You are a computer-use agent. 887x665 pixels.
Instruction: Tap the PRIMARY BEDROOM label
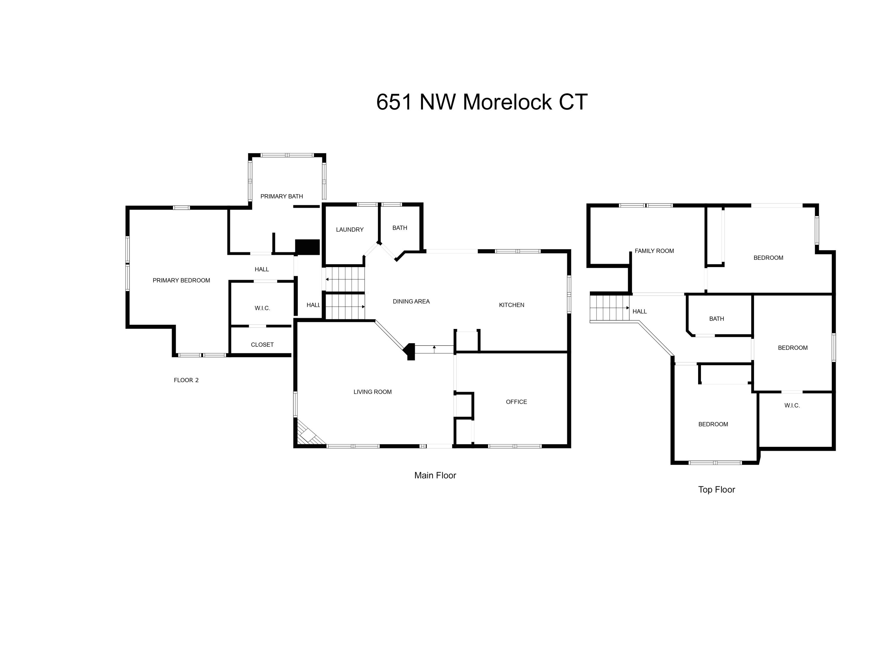[181, 280]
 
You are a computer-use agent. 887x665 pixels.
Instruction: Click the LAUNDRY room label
[350, 230]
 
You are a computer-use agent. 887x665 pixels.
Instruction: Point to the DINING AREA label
[411, 301]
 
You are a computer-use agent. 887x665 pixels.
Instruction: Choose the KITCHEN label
[511, 305]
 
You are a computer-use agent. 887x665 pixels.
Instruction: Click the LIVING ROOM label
[373, 392]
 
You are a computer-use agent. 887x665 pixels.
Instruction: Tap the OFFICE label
[516, 402]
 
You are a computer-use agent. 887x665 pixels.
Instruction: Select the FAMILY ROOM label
[654, 251]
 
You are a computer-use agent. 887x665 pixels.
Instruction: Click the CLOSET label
[262, 345]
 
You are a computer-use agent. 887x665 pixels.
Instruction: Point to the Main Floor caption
[435, 475]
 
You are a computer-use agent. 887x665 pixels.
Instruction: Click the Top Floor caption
[717, 489]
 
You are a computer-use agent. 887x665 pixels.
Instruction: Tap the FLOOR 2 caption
[186, 380]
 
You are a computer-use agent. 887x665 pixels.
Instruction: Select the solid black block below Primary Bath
[307, 247]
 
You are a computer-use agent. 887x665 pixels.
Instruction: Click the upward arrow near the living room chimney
[434, 349]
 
